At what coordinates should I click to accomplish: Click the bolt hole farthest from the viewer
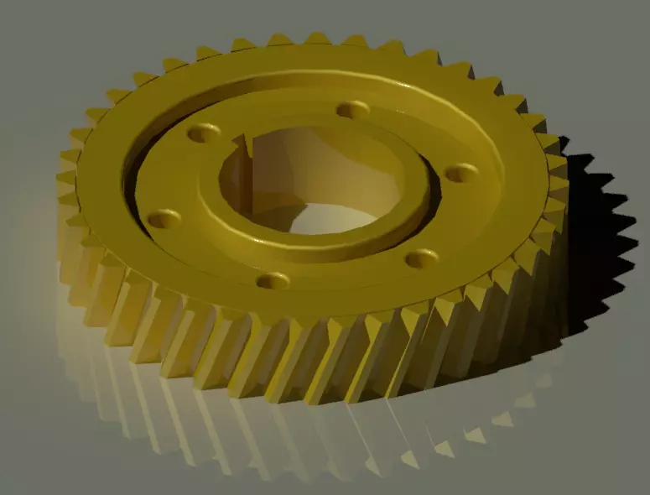point(352,110)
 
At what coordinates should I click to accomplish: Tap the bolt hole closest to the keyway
point(203,133)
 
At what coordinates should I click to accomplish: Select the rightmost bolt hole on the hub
point(460,173)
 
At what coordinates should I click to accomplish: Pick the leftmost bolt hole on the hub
point(164,219)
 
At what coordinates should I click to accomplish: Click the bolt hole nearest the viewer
point(273,280)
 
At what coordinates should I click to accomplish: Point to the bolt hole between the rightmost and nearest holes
point(421,258)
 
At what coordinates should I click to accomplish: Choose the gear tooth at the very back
point(317,39)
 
